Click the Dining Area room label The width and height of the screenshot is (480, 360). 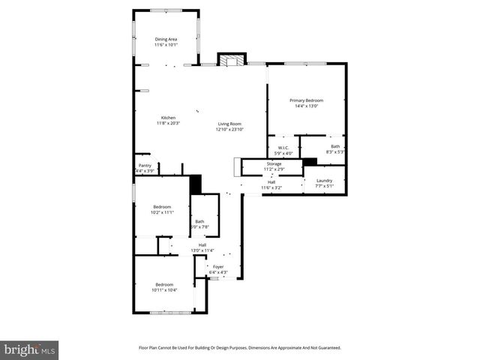tap(166, 39)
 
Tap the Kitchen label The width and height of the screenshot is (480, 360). tap(168, 118)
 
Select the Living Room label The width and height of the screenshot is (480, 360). tap(230, 124)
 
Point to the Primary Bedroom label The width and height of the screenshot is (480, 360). tap(307, 100)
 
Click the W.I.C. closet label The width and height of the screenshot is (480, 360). tap(283, 147)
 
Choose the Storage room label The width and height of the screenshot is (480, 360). tap(274, 163)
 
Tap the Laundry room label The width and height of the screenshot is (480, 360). tap(324, 180)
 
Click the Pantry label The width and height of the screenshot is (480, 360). tap(145, 166)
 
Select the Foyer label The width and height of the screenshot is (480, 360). tap(218, 267)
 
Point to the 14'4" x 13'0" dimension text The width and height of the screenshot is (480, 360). tap(307, 106)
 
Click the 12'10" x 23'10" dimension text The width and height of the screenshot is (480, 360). tap(230, 130)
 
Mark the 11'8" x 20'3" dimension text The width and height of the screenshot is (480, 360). tap(168, 124)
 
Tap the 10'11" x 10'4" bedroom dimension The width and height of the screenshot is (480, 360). tap(164, 290)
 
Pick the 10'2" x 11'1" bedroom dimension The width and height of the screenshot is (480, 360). tap(163, 213)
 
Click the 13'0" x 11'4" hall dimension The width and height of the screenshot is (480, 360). tap(202, 250)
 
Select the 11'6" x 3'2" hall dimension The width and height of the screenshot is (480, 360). tap(271, 187)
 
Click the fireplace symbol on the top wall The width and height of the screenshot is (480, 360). tap(229, 60)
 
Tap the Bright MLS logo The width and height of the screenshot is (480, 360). tap(30, 349)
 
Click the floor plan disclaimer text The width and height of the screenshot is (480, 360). tap(239, 348)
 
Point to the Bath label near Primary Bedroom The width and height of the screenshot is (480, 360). tap(335, 146)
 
